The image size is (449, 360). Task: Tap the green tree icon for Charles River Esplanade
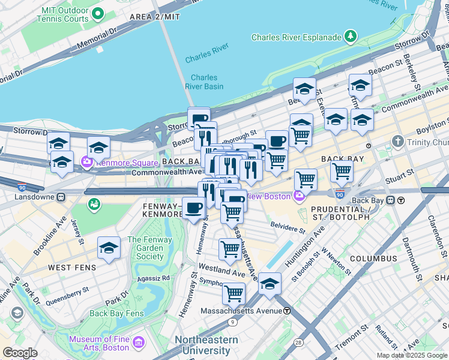click(351, 37)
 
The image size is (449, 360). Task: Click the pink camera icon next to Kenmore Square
click(87, 161)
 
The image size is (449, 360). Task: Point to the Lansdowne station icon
click(61, 197)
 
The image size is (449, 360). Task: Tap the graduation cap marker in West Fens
click(109, 247)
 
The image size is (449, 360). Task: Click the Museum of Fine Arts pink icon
click(139, 343)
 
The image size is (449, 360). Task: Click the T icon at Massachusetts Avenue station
click(287, 311)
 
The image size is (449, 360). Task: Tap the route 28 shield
click(298, 342)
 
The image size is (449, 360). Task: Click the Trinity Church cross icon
click(396, 142)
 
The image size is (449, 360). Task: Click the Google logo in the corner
click(20, 353)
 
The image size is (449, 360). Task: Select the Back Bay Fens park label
click(116, 313)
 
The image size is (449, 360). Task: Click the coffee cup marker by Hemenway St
click(193, 208)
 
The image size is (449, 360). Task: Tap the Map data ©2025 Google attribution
click(412, 355)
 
